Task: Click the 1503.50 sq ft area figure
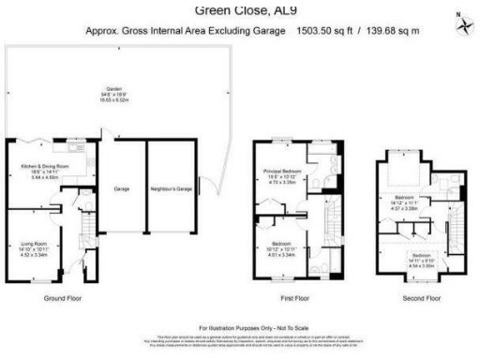(x=325, y=30)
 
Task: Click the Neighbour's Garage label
(x=171, y=189)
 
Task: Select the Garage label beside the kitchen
(x=121, y=189)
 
